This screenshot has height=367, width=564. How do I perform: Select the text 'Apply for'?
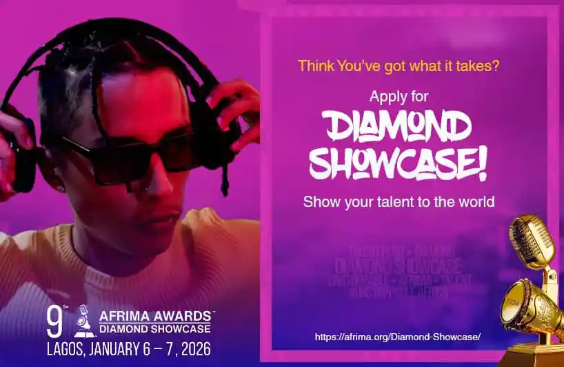399,96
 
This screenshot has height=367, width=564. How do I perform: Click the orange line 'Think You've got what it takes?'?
399,66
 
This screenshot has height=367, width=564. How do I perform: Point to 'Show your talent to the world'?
399,202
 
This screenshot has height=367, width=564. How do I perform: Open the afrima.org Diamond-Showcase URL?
397,337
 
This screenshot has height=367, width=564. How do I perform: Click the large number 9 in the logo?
54,321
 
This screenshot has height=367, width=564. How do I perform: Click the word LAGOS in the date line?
66,346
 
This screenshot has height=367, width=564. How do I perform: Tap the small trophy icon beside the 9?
83,321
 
